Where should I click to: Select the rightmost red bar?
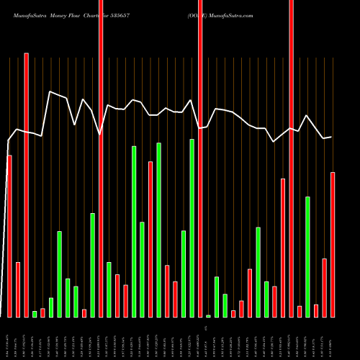[x=333, y=245]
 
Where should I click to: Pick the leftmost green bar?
[x=35, y=314]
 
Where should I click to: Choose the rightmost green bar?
[x=307, y=256]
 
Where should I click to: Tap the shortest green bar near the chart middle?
[x=208, y=316]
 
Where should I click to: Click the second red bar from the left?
[x=18, y=289]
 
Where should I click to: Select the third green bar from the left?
[x=60, y=274]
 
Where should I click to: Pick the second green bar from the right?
[x=266, y=299]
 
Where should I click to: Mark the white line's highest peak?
[x=50, y=91]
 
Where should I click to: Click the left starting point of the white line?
[x=8, y=140]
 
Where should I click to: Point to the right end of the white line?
[x=331, y=137]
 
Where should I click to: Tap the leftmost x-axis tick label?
[x=9, y=338]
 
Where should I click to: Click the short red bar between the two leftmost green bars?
[x=42, y=312]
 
